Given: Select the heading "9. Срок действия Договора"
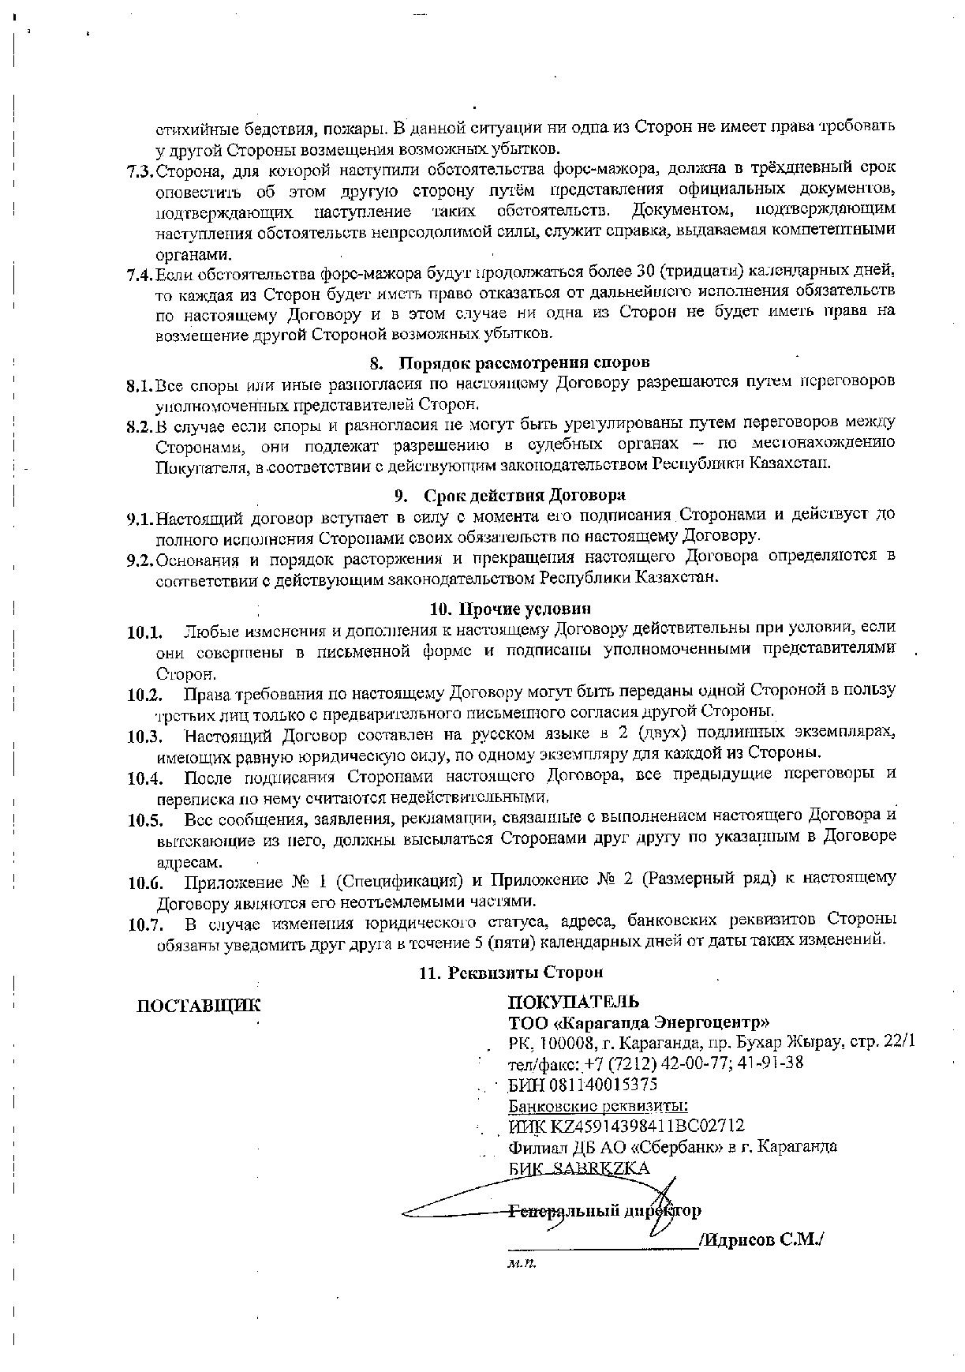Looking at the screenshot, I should click(510, 496).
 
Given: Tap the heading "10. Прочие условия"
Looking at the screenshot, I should click(511, 609).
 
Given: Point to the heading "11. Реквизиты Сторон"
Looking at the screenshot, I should click(511, 973).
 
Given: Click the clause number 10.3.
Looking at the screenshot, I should click(144, 737).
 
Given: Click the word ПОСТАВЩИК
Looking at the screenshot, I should click(199, 1006).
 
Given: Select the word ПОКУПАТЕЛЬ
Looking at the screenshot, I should click(574, 1003).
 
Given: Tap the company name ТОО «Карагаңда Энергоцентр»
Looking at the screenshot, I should click(638, 1024).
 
